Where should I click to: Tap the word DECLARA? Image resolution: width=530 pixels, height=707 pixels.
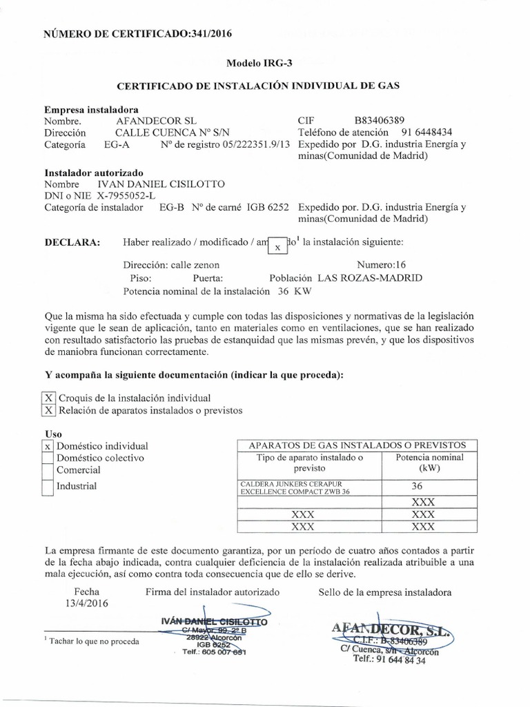[72, 242]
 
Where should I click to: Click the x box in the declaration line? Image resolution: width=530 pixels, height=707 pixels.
[277, 246]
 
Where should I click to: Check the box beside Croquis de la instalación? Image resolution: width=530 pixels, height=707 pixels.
[48, 398]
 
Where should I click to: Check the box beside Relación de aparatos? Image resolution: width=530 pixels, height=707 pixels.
[48, 410]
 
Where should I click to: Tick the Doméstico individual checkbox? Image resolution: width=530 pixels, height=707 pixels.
[48, 446]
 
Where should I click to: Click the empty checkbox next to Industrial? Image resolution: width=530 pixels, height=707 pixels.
[48, 486]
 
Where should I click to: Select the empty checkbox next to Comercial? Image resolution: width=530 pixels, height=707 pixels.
[48, 470]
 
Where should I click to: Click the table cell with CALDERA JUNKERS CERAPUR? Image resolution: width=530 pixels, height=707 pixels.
[304, 487]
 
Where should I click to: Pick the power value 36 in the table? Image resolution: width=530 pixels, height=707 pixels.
[417, 486]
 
